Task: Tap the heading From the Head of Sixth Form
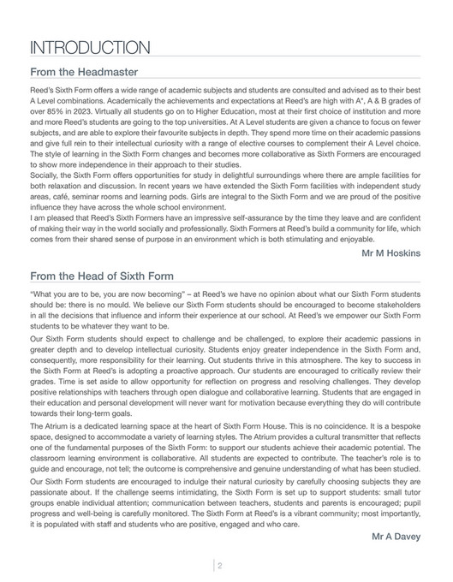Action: click(102, 276)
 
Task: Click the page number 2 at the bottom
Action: click(219, 564)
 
